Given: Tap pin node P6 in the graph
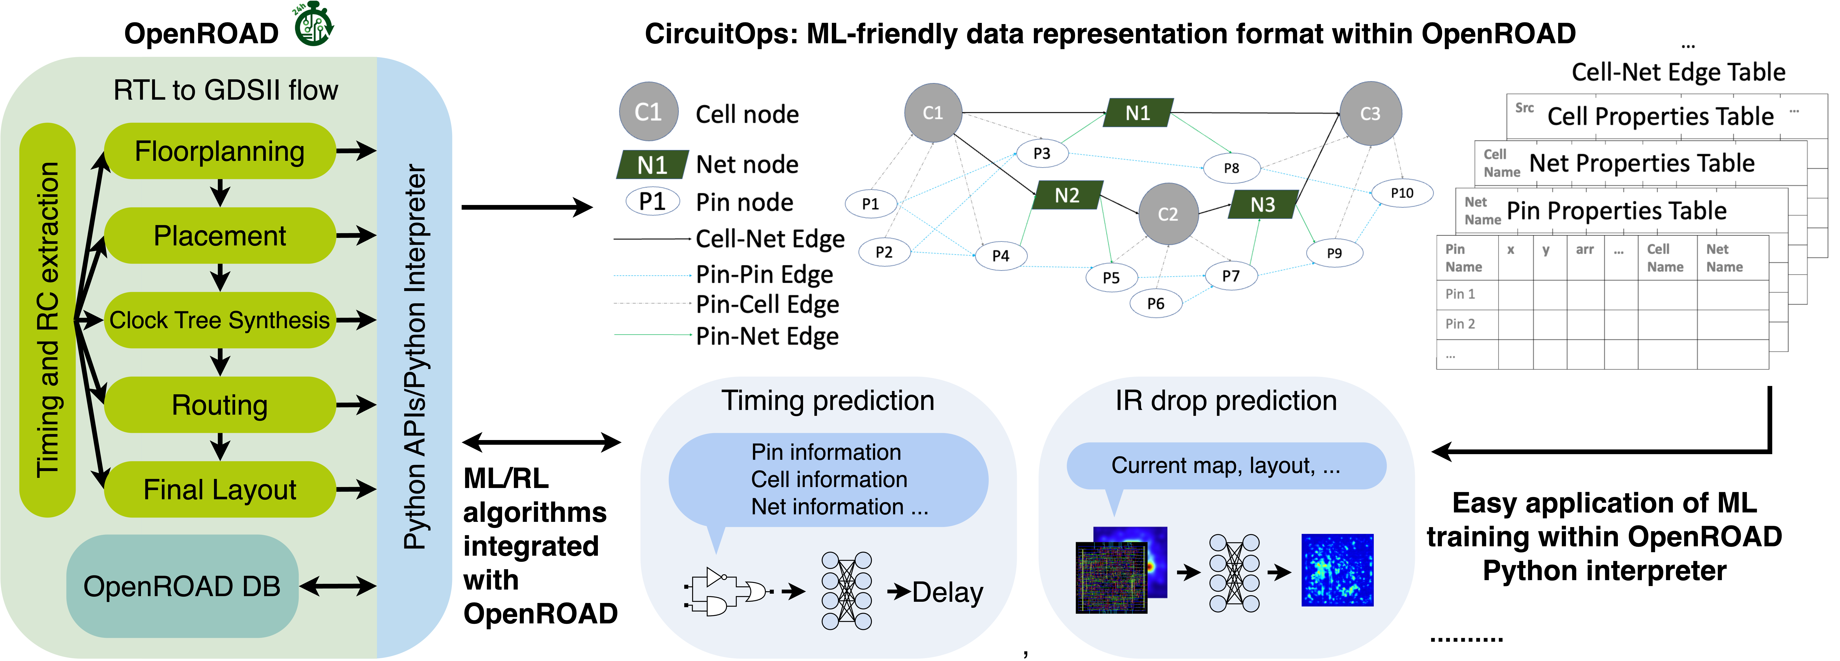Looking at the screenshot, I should point(1155,303).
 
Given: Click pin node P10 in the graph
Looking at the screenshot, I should point(1401,193).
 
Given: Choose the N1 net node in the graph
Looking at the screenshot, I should point(1137,113).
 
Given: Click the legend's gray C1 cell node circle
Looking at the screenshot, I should point(648,112).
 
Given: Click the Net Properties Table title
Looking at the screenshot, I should point(1641,163).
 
